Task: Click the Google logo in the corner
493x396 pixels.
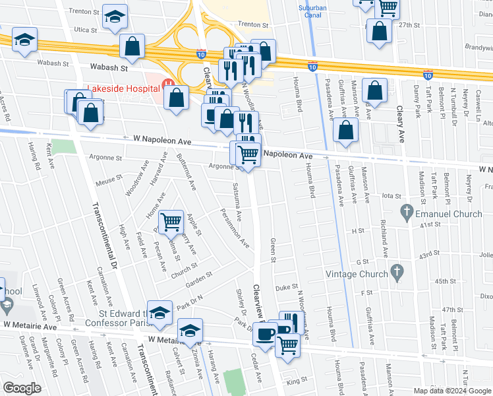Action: coord(22,387)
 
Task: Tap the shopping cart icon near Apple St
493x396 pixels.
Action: coord(171,220)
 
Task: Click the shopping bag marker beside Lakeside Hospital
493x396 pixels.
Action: coord(177,98)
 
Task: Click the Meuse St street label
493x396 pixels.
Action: coord(109,177)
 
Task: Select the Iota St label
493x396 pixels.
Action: coord(391,196)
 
